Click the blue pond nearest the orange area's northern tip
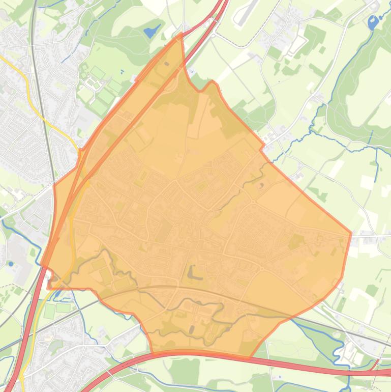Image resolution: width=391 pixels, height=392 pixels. (x=152, y=32)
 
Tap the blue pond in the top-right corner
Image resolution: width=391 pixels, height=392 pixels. (x=374, y=22)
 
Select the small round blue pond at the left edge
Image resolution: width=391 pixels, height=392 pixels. (x=11, y=264)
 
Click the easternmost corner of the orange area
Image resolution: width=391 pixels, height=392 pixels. (x=351, y=233)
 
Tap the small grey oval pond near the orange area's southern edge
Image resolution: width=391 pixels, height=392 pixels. (x=191, y=329)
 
